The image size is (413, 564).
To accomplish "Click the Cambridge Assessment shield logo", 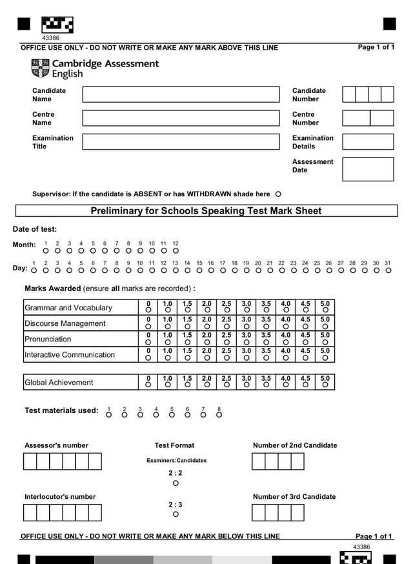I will (40, 68).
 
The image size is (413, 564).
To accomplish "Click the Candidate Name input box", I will (181, 94).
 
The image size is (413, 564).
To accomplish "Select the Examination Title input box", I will (181, 141).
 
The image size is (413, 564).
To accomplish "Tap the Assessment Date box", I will (368, 169).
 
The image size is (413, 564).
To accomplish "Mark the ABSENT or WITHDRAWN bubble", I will (278, 194).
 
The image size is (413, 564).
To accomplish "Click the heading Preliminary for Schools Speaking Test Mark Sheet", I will (206, 211).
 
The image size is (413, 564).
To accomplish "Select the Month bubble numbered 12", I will (176, 250).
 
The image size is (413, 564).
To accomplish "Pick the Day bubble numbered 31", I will (388, 270).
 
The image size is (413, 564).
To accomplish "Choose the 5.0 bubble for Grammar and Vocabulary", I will (325, 310).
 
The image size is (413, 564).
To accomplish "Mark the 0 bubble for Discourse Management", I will (148, 326).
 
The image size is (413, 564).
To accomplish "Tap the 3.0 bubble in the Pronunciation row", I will (247, 341).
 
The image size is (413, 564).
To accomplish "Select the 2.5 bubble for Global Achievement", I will (227, 385).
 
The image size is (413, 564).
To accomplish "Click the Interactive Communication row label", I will (70, 354).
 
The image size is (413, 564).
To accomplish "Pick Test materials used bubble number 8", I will (219, 415).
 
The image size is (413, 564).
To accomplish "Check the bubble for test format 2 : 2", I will (176, 483).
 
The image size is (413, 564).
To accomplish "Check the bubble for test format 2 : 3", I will (176, 515).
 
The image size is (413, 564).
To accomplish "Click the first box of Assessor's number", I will (30, 461).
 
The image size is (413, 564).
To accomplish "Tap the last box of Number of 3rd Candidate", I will (297, 512).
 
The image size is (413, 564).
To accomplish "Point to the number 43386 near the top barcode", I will (50, 38).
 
